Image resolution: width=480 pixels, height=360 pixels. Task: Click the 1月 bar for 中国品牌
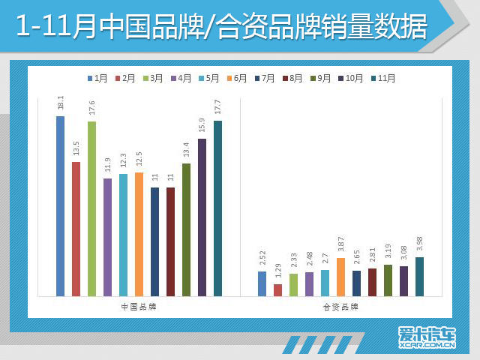60,205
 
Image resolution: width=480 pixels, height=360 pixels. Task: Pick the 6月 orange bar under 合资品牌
340,277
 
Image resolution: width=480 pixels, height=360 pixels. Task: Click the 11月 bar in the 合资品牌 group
419,277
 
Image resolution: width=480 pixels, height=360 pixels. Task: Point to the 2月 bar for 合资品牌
277,289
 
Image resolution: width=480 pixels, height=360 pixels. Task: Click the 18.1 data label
60,103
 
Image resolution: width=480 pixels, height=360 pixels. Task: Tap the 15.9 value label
202,126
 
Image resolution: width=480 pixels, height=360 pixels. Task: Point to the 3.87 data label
340,244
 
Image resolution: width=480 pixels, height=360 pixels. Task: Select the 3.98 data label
419,244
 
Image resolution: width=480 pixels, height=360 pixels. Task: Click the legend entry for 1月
97,78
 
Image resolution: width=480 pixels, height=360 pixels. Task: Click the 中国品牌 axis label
139,307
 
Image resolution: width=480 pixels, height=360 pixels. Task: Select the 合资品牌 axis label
340,307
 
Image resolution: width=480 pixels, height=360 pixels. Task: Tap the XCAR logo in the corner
427,338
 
